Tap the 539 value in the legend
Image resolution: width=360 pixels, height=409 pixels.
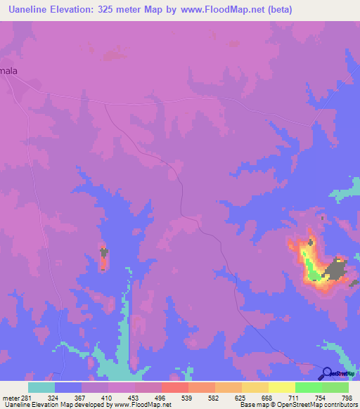188,398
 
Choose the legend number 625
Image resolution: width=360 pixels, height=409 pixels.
241,398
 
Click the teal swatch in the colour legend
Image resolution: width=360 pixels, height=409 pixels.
41,387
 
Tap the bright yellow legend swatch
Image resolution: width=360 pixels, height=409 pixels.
282,387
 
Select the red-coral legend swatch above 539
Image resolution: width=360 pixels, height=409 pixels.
174,387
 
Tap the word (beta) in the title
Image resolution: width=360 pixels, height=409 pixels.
278,10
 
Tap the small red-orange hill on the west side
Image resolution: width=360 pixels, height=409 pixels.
103,259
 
